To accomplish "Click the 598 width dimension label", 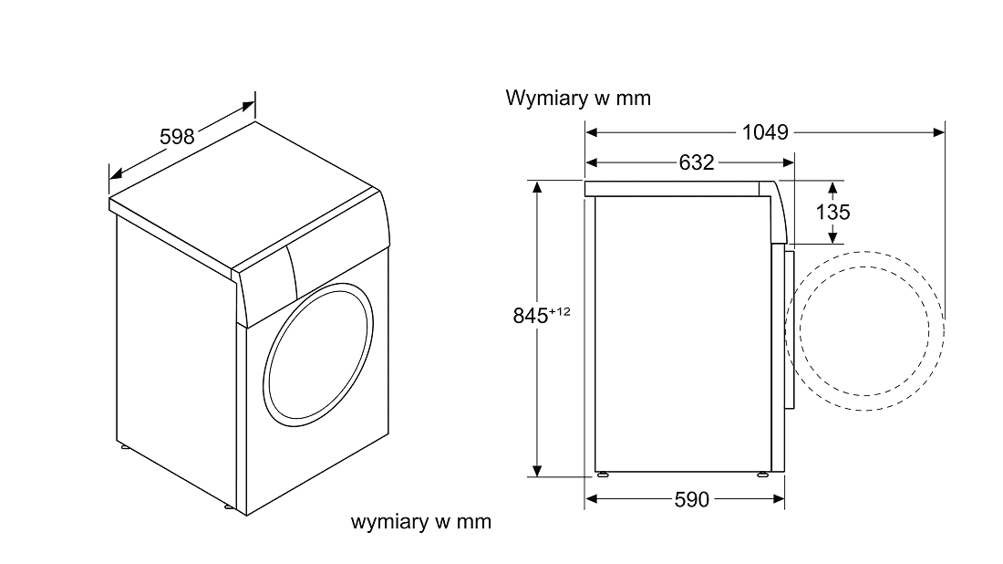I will (177, 137).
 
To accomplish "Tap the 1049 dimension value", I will (764, 132).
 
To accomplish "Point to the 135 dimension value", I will (832, 212).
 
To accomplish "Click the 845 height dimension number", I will (530, 316).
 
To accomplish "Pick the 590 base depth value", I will (692, 499).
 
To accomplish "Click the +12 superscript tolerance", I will (559, 311).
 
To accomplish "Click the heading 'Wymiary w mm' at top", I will (578, 99).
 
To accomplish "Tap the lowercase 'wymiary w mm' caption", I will (420, 522).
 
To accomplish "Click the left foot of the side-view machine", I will (602, 475).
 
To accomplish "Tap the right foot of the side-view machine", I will (761, 475).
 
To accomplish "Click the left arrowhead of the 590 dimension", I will (591, 499).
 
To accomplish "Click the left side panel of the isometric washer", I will (173, 356).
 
